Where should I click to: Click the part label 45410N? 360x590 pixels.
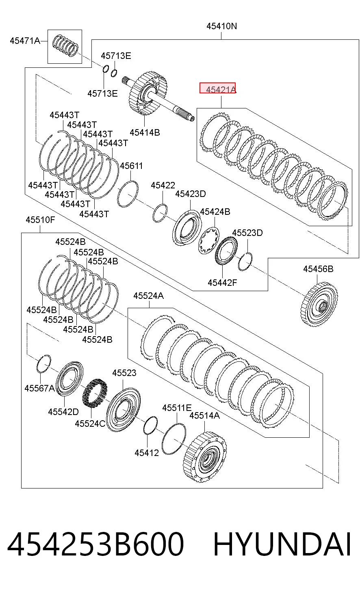221,26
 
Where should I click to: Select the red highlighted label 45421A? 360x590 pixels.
218,88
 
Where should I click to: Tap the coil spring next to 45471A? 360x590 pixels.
65,45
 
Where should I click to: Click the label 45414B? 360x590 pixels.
145,132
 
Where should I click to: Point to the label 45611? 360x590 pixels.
131,166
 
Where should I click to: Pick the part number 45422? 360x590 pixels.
163,186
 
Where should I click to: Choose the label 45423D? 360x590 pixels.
191,194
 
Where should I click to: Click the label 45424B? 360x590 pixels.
215,212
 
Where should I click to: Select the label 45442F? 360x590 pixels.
222,283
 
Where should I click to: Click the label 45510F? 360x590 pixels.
40,220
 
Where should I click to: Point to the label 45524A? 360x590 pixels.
148,296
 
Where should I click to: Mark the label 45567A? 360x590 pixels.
39,388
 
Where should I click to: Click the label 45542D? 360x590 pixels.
63,412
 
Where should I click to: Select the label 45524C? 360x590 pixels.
90,424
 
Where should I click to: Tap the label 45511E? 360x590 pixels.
177,408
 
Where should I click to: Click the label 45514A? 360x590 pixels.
204,416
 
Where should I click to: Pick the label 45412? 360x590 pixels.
147,453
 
